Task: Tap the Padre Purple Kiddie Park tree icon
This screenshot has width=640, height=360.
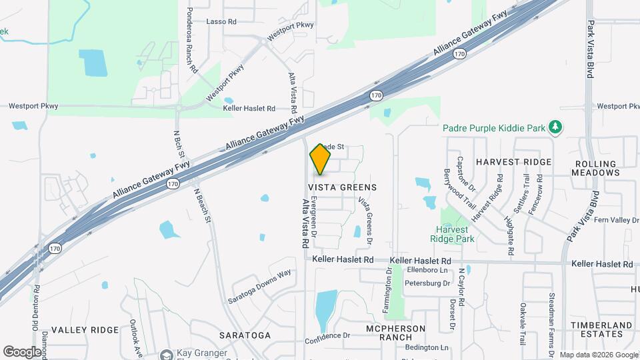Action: click(555, 127)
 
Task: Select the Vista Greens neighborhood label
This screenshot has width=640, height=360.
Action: click(343, 188)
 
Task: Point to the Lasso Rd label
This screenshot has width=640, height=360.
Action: click(222, 22)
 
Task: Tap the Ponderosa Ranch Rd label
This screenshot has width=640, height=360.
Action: click(191, 40)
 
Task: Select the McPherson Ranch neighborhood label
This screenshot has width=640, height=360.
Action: click(395, 333)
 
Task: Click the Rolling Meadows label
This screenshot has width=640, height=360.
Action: click(597, 167)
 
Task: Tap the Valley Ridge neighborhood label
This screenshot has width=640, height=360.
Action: click(85, 330)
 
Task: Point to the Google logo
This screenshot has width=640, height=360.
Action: click(22, 352)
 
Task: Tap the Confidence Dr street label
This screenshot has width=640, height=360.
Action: click(327, 336)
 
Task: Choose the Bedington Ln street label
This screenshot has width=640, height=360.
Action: click(427, 348)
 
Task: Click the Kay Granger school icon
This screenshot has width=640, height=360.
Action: click(166, 355)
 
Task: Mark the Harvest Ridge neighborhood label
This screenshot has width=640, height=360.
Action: click(513, 162)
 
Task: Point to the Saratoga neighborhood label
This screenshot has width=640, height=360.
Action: click(248, 335)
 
